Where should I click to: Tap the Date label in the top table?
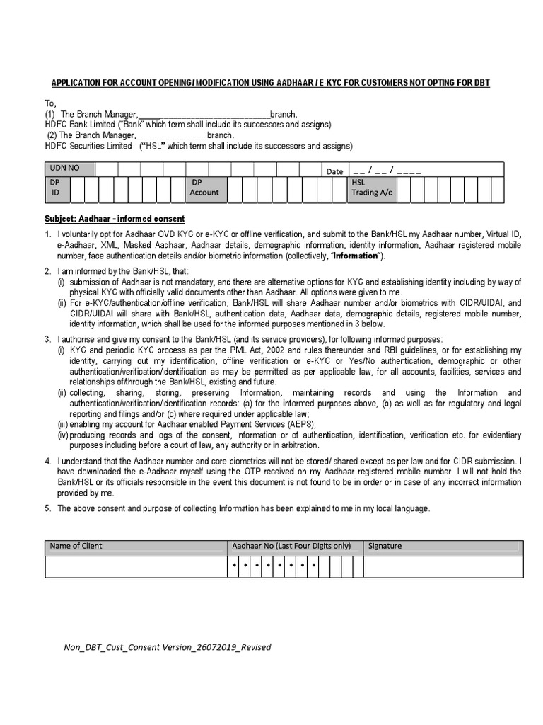[x=334, y=171]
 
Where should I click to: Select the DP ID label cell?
[x=55, y=187]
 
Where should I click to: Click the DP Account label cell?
[x=204, y=187]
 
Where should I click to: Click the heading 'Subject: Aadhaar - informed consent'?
[x=114, y=218]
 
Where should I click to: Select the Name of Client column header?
[x=76, y=546]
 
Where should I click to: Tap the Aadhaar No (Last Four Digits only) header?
[x=291, y=546]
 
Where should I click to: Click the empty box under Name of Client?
[x=135, y=567]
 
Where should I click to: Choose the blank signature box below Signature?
[x=443, y=567]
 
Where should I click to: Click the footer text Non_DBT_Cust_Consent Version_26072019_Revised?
[x=167, y=647]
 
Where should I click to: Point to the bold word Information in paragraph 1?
[x=360, y=255]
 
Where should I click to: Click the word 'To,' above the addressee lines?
[x=51, y=103]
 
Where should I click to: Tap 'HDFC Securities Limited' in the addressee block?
[x=88, y=146]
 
